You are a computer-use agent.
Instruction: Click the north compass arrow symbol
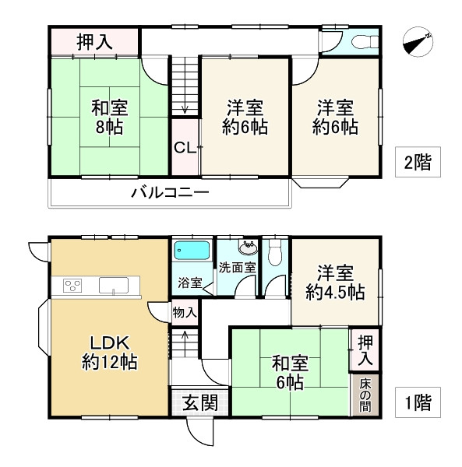[x=418, y=43]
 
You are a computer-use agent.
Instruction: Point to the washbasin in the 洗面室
[x=248, y=248]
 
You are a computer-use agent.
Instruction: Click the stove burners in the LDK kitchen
[x=72, y=285]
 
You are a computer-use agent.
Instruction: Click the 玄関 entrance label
[x=199, y=403]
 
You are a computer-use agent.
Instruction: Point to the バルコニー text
[x=169, y=191]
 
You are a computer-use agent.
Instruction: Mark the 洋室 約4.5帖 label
[x=335, y=283]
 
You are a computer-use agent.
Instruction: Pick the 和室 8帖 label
[x=108, y=116]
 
